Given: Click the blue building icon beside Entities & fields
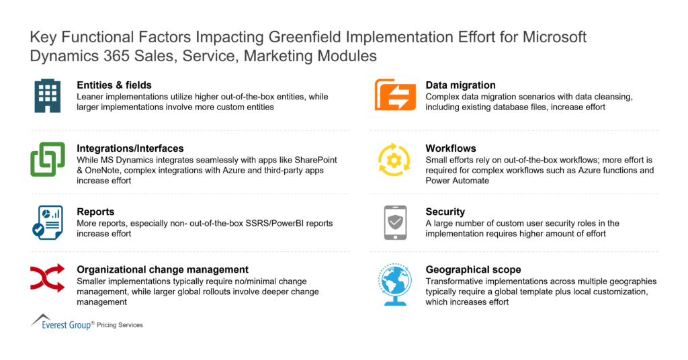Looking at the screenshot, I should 47,96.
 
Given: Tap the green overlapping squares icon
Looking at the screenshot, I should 47,159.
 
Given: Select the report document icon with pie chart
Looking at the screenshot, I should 47,222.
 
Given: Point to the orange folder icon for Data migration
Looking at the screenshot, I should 395,95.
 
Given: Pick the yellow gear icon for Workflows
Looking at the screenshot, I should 394,159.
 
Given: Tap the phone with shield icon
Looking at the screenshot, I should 394,222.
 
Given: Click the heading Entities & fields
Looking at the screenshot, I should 114,85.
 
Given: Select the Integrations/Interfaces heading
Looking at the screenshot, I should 130,148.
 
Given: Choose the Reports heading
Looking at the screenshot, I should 95,211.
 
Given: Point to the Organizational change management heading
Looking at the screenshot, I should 163,269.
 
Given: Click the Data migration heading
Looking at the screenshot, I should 460,85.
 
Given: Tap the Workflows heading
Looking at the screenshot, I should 451,148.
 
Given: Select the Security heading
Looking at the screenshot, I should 445,212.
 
